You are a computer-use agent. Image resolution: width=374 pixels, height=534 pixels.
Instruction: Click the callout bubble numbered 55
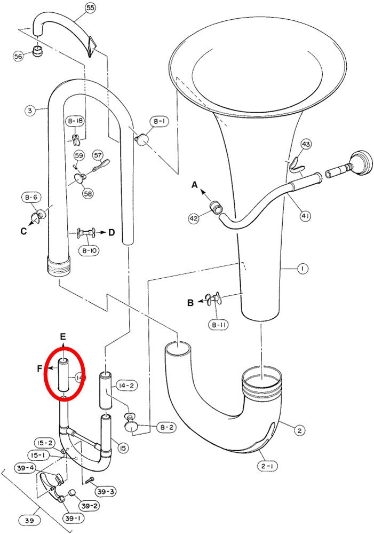[x=90, y=9]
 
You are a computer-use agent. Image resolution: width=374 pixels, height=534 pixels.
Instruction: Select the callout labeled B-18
[x=75, y=121]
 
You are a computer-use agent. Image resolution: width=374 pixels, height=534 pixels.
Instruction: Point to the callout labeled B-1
[x=158, y=121]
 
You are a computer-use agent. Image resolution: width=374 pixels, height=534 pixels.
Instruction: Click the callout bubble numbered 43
[x=306, y=144]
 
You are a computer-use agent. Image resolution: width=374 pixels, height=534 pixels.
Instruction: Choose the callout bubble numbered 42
[x=194, y=218]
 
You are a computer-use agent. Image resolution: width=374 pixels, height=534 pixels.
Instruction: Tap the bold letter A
[x=194, y=185]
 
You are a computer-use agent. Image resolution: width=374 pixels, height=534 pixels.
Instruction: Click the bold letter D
[x=112, y=233]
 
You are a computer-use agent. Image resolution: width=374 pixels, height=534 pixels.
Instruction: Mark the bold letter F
[x=40, y=368]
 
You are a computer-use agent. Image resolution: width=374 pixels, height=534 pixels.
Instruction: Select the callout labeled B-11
[x=219, y=325]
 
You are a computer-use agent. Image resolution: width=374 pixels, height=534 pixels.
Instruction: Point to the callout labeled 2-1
[x=267, y=466]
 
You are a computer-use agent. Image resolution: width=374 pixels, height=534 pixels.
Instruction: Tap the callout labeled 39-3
[x=106, y=491]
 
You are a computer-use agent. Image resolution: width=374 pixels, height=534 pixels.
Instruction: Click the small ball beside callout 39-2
[x=72, y=493]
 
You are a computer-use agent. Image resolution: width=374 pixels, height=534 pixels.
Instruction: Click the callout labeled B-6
[x=31, y=197]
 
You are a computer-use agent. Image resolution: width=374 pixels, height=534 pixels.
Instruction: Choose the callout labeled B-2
[x=166, y=427]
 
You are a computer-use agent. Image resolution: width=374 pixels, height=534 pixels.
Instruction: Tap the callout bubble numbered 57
[x=98, y=155]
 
